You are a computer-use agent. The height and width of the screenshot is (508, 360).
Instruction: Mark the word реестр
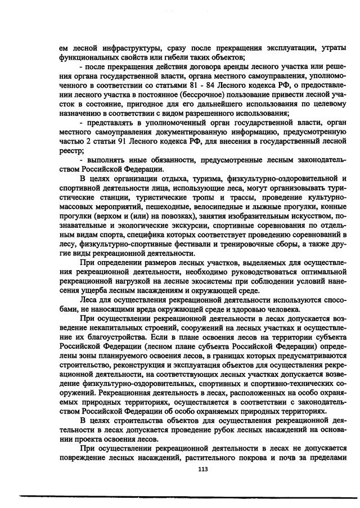tap(70, 151)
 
